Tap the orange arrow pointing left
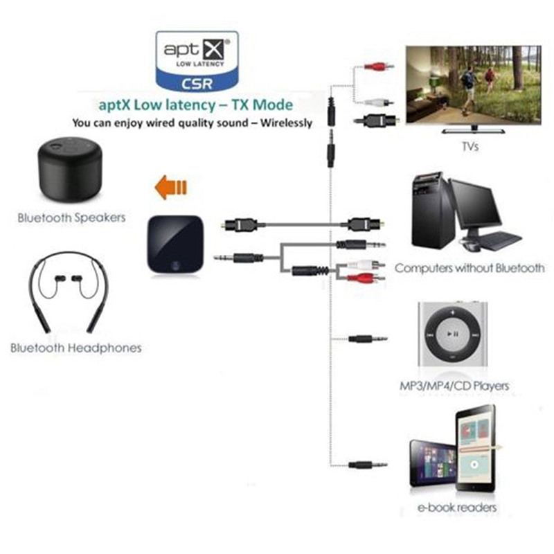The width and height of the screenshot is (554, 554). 170,186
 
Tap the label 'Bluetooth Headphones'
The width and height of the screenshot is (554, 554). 75,347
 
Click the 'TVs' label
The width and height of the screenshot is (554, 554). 469,146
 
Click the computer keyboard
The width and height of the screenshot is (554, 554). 499,240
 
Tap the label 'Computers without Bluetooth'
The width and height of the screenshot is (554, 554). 470,268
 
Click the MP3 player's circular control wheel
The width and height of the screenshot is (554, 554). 453,334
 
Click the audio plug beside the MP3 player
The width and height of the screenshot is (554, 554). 366,339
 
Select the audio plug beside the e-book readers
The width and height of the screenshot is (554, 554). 366,465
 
